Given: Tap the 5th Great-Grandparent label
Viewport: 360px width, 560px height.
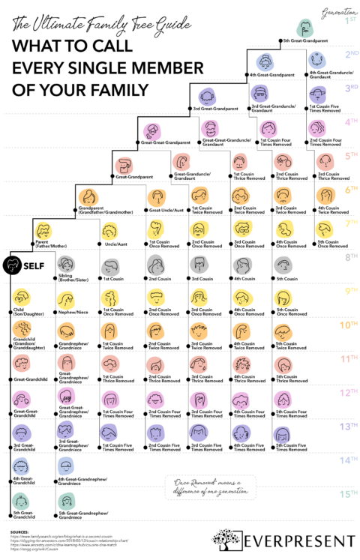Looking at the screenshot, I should [307, 39].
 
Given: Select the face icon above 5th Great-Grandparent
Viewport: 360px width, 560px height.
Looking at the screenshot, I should [305, 28].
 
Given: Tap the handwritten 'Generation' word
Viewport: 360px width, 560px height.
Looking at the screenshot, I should [338, 12].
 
